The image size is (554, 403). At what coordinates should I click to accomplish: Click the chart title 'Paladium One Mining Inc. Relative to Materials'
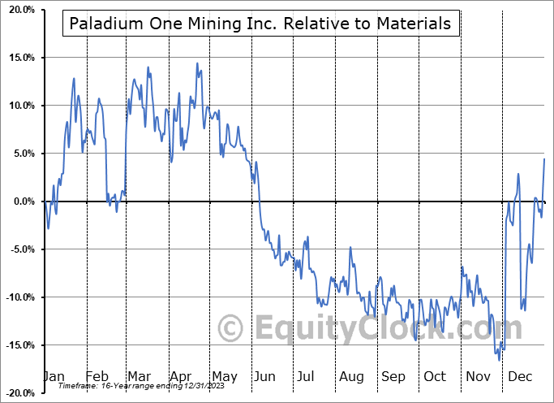tap(260, 24)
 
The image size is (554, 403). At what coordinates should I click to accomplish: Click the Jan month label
tap(54, 376)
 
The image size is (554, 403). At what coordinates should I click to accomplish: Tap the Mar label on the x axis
tap(139, 376)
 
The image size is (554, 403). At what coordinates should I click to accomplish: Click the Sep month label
tap(393, 376)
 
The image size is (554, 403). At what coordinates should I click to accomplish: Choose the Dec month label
tap(519, 376)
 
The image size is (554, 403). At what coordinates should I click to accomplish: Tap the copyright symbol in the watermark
tap(232, 329)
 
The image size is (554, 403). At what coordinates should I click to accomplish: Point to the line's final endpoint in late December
tap(543, 158)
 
